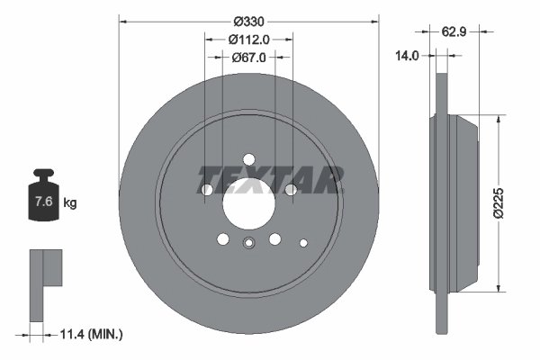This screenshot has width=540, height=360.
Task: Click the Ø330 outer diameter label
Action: (248, 21)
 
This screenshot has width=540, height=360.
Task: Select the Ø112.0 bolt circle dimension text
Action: (248, 39)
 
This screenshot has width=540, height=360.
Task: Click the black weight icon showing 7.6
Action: (42, 199)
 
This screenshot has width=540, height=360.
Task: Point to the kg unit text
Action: (70, 203)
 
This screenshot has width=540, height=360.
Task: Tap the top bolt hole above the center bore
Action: (248, 160)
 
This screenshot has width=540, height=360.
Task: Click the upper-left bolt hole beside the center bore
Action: (207, 190)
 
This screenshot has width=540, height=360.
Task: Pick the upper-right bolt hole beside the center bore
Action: (290, 190)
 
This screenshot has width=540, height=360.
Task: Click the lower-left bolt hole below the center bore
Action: (222, 239)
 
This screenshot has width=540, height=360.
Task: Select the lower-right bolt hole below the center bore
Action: (274, 239)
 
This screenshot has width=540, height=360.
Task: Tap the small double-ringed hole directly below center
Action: (248, 241)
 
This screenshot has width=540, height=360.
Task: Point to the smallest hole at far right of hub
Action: (303, 241)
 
